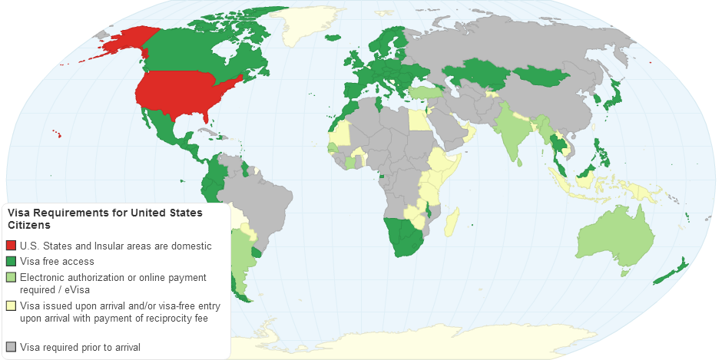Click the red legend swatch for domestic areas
click(11, 246)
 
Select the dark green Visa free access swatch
click(11, 261)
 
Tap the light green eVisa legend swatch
click(11, 277)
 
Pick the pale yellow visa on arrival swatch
click(11, 306)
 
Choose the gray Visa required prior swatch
click(11, 347)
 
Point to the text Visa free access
click(57, 261)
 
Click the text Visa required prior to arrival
click(80, 347)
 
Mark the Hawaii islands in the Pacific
click(57, 134)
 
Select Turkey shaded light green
click(422, 92)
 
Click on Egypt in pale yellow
click(417, 120)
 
